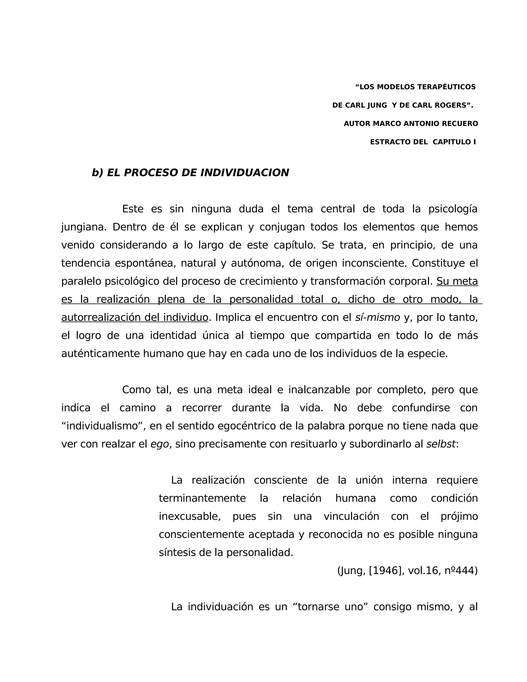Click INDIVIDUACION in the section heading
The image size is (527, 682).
click(x=244, y=173)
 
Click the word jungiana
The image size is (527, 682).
click(x=83, y=227)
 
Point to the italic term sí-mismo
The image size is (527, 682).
click(x=377, y=318)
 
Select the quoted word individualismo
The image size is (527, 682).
click(x=102, y=426)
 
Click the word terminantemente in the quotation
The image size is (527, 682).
click(x=202, y=499)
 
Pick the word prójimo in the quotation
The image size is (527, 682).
click(x=459, y=517)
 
